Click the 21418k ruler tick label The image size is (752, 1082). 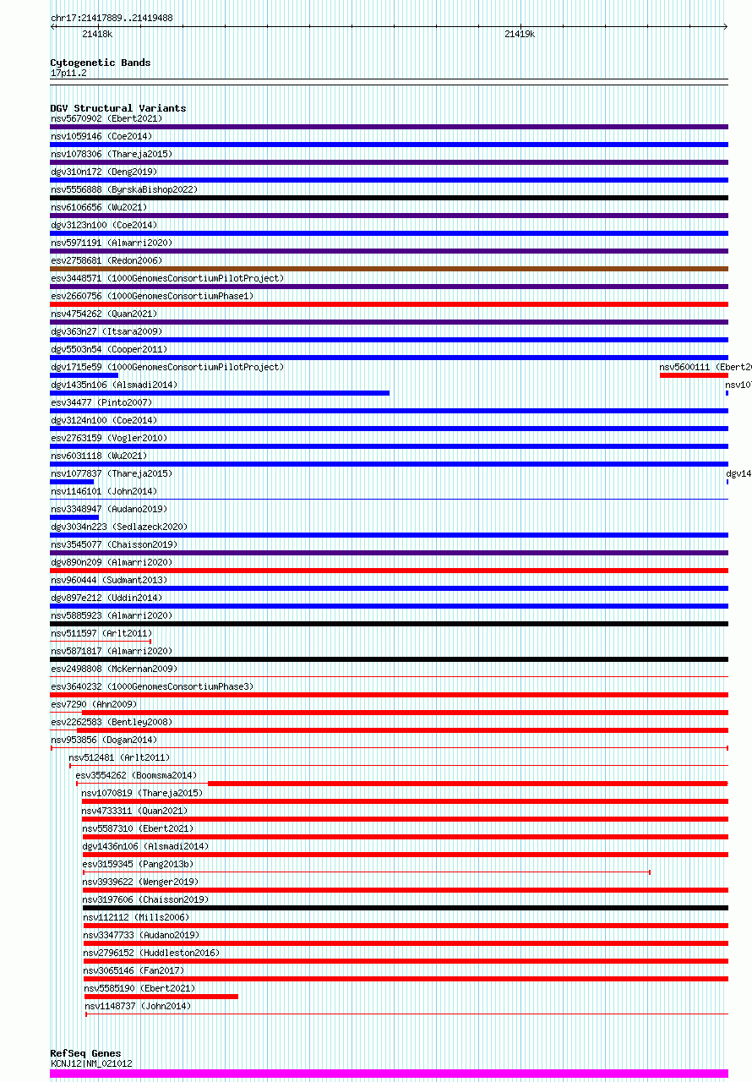point(97,34)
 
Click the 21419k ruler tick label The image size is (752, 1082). point(520,34)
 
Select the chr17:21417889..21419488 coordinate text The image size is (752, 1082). point(112,18)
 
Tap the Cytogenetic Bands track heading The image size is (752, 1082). point(100,63)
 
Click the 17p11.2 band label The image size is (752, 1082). point(68,74)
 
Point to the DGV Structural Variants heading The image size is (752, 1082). point(117,108)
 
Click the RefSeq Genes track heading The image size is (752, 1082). point(85,1053)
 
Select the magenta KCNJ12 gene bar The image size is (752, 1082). point(389,1074)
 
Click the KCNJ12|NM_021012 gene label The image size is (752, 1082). point(91,1063)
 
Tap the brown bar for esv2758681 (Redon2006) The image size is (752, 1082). point(389,269)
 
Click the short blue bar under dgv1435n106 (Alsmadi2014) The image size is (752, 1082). point(220,393)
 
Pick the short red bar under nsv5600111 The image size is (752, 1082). point(693,375)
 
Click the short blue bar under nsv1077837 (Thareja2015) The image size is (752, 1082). point(72,482)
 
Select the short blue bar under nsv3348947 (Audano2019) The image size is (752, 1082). point(74,517)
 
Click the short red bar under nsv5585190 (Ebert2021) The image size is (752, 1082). point(161,997)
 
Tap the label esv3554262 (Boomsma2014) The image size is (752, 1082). point(136,775)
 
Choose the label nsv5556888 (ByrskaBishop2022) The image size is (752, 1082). point(124,189)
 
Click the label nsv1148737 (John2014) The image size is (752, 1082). point(138,1006)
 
